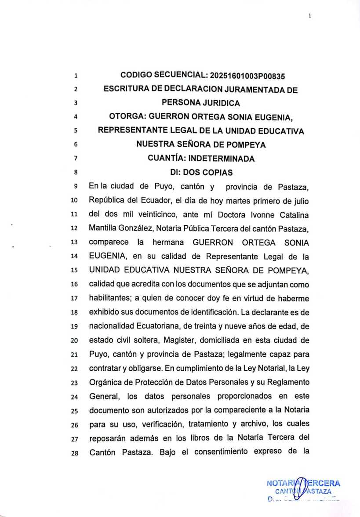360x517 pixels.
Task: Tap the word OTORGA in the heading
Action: coord(127,117)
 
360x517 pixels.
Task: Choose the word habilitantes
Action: coord(110,298)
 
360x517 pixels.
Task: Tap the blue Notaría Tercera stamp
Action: coord(303,488)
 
